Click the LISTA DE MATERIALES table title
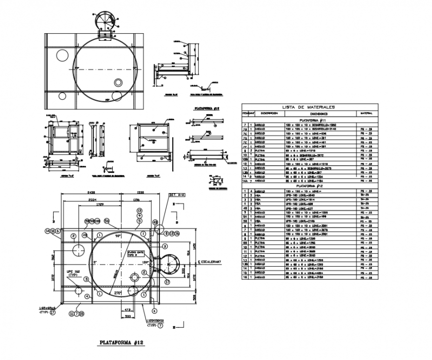point(308,107)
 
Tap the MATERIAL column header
point(366,113)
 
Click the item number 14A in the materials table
point(245,181)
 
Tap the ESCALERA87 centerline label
point(209,262)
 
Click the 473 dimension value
point(129,310)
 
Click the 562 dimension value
point(54,257)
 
